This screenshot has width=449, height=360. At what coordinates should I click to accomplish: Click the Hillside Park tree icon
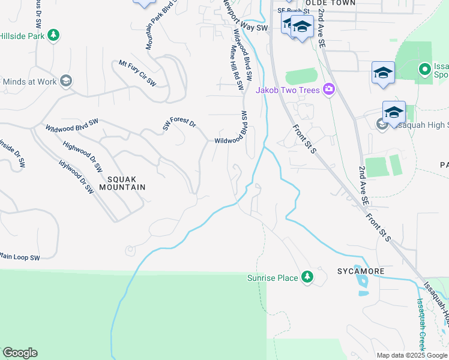pos(54,35)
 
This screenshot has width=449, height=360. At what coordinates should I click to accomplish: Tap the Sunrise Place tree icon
pos(307,277)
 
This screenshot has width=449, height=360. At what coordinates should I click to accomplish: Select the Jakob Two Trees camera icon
pos(328,90)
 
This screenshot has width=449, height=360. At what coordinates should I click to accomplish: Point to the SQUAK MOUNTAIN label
pos(126,183)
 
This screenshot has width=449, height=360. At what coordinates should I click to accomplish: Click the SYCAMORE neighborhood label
pos(360,271)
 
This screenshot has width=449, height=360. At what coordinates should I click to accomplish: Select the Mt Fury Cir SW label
pos(137,73)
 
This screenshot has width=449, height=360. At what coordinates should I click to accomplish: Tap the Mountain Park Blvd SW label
pos(155,27)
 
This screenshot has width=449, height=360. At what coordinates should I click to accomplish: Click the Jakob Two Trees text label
pos(288,90)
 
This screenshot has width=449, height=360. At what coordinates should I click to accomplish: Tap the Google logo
pos(20,353)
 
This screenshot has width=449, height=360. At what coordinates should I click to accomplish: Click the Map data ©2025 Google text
pos(411,355)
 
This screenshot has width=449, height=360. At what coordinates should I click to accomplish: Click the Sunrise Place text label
pos(273,278)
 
